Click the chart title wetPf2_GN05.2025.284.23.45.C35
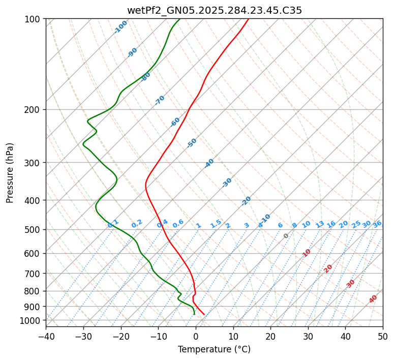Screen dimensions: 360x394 pos(214,10)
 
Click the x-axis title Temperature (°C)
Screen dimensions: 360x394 pos(214,349)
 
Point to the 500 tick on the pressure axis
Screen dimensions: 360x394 pos(33,230)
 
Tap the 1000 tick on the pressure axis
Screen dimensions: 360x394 pos(31,320)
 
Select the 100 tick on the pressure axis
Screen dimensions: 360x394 pos(33,19)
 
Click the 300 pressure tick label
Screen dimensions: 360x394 pos(33,163)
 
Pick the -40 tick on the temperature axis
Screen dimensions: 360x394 pos(46,336)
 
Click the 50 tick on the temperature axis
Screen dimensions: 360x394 pos(383,336)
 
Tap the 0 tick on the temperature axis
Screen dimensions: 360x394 pos(196,336)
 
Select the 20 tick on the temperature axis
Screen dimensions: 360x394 pos(270,336)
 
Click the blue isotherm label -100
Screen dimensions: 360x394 pos(120,27)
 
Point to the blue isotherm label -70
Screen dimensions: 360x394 pos(160,100)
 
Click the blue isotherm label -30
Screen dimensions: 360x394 pos(227,183)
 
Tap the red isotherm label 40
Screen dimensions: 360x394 pos(373,299)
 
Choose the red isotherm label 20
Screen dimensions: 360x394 pos(328,268)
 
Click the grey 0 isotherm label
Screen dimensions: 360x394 pos(286,236)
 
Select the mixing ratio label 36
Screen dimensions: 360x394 pos(377,224)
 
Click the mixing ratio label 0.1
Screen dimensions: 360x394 pos(113,223)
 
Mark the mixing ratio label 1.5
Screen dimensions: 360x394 pos(216,223)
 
